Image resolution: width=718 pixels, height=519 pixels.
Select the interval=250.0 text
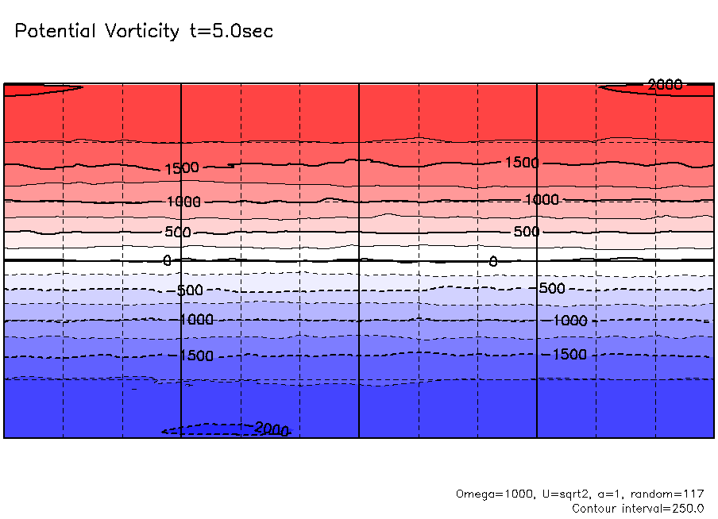coord(664,508)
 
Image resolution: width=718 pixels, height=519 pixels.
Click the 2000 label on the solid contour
coord(665,85)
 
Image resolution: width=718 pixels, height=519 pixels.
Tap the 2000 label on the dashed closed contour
coord(272,429)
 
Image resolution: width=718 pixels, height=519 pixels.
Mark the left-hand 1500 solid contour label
coord(182,168)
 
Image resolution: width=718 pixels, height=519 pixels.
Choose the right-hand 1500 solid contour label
coord(522,163)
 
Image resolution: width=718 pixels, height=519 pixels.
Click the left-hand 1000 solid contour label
coord(183,202)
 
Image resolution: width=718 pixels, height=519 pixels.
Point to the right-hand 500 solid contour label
coord(526,232)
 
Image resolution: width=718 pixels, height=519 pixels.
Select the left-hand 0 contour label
coord(167,260)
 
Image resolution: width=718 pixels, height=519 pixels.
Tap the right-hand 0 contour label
coord(492,261)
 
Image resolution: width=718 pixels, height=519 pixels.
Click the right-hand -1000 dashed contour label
coord(569,321)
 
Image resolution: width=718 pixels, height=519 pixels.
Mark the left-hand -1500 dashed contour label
coord(195,356)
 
